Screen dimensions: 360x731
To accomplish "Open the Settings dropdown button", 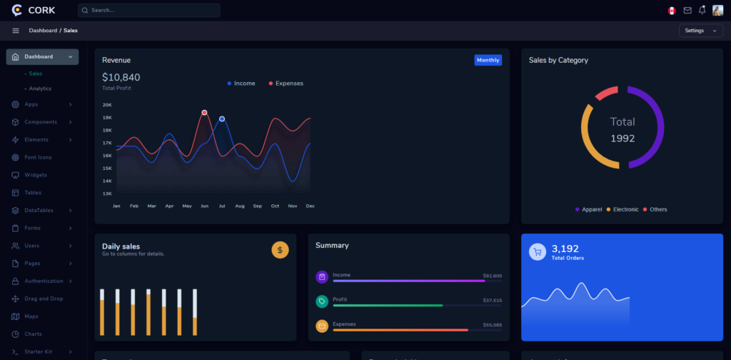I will pos(700,31).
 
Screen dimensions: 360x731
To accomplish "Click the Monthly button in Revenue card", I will pos(488,60).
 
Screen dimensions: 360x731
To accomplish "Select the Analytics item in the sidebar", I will pos(40,89).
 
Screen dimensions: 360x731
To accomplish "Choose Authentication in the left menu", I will pos(44,281).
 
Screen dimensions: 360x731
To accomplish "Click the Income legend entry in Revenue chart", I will pos(241,84).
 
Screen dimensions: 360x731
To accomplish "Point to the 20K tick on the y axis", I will pos(107,105).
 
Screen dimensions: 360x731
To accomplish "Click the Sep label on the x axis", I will pos(257,206).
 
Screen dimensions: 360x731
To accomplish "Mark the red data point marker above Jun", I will pos(204,113).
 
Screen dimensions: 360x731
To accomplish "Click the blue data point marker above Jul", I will pos(222,119).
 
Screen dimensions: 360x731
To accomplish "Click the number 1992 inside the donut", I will pos(622,139).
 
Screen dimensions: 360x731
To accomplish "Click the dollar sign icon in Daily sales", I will pos(280,250).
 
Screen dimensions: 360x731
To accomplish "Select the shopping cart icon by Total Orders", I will pos(537,251).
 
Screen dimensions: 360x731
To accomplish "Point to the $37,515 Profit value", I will pos(492,301).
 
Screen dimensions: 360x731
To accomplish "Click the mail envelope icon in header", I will pos(687,11).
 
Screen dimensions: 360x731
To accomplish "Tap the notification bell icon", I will pos(702,10).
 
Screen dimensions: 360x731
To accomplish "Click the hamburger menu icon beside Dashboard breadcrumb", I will pos(16,31).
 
